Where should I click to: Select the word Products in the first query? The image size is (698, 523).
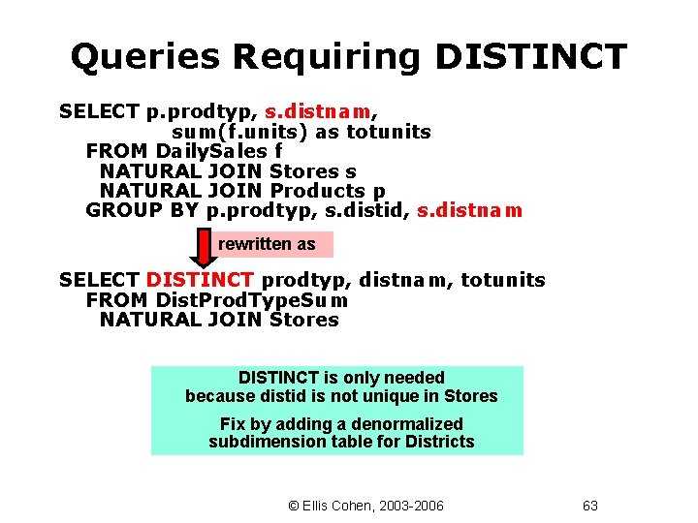(318, 191)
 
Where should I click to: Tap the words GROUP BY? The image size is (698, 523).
(143, 210)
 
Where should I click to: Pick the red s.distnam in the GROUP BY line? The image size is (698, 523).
(469, 210)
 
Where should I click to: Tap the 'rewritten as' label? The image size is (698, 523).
(267, 244)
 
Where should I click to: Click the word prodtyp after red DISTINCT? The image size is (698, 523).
(299, 280)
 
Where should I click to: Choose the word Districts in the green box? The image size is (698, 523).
(440, 442)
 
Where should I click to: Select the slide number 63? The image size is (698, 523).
(590, 505)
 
